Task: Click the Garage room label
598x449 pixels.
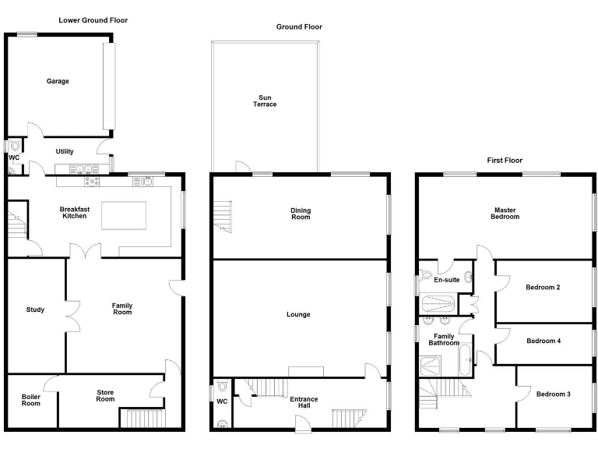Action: coord(58,81)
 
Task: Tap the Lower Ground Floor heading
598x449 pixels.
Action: coord(93,20)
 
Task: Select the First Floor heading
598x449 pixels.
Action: coord(505,161)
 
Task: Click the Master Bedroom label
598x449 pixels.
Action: coord(505,213)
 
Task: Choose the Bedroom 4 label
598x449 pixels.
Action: coord(543,341)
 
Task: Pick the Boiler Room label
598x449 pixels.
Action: coord(30,400)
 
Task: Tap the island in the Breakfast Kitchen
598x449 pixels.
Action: coord(124,215)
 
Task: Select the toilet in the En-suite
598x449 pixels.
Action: coord(425,275)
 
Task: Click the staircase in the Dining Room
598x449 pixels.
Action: coord(224,214)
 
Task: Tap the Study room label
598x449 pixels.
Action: coord(35,309)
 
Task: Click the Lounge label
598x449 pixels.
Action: coord(298,314)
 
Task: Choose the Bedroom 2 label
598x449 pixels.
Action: coord(543,287)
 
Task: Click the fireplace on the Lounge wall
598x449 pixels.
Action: coord(306,371)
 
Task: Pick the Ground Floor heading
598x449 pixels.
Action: coord(299,27)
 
